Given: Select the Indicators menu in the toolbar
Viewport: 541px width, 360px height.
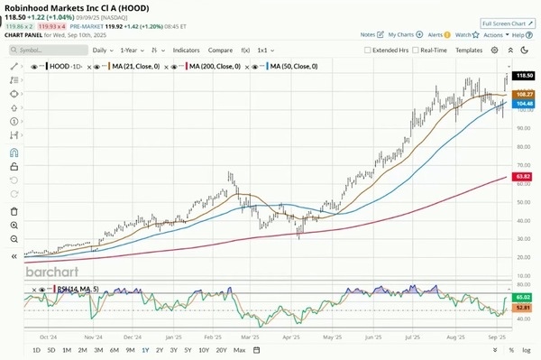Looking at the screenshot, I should pos(187,51).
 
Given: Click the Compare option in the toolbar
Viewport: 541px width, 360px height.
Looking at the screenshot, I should pos(221,51).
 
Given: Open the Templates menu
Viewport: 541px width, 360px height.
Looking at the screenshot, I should pos(469,51).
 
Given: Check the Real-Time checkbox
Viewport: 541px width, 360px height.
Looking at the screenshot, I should pos(417,51).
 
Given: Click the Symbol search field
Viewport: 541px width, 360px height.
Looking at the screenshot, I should pos(50,51).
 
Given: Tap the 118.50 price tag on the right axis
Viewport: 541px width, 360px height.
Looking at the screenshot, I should pos(522,78).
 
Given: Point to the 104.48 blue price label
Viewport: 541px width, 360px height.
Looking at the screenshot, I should pos(522,104).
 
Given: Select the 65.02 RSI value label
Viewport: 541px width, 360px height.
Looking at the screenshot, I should pos(522,296).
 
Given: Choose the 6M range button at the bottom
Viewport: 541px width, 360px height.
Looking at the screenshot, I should pos(115,349).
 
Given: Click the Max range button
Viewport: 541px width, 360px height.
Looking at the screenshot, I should pos(239,349).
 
